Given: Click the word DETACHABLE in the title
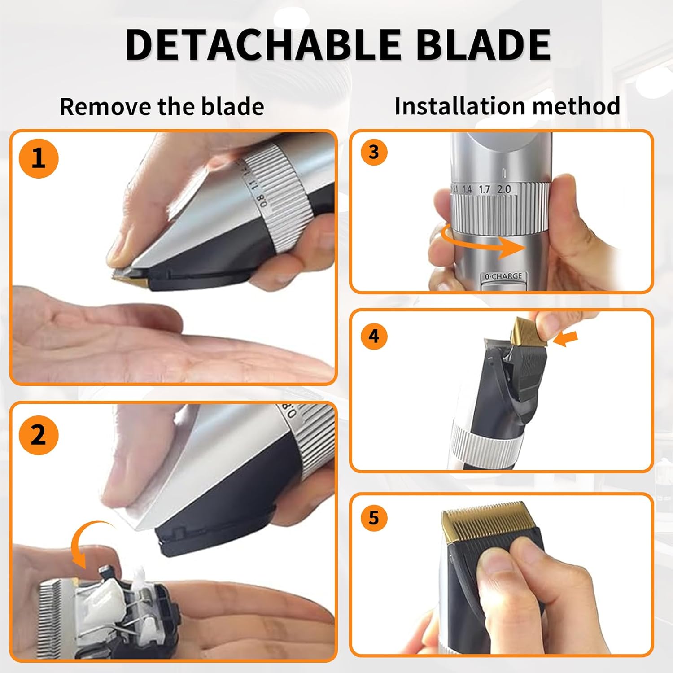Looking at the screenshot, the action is pyautogui.click(x=262, y=44).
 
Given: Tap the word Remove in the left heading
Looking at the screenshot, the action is pyautogui.click(x=105, y=107).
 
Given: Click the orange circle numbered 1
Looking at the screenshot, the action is pyautogui.click(x=39, y=159).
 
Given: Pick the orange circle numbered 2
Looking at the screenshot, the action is pyautogui.click(x=39, y=435).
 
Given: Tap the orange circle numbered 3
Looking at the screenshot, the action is pyautogui.click(x=374, y=152).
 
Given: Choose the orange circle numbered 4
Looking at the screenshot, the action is pyautogui.click(x=374, y=336).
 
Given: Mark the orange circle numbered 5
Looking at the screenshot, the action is pyautogui.click(x=374, y=518).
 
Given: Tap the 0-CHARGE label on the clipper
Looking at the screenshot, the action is pyautogui.click(x=503, y=276).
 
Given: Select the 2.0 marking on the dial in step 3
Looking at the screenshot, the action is pyautogui.click(x=504, y=189).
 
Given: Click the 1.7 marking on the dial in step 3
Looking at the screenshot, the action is pyautogui.click(x=484, y=189).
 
